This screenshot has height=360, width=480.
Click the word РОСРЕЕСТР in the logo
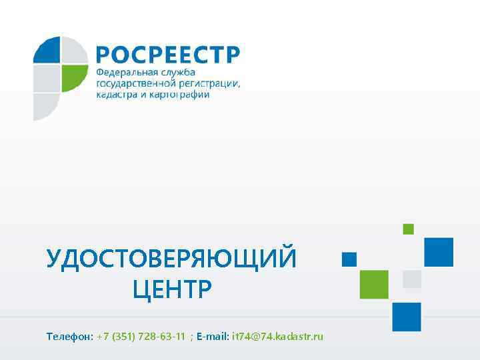pos(167,54)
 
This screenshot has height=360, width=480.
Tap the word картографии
pos(176,95)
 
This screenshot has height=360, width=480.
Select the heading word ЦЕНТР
pos(171,290)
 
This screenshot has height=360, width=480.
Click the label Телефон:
pos(69,336)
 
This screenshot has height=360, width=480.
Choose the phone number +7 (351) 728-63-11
pos(141,336)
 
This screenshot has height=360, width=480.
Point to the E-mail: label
pos(213,336)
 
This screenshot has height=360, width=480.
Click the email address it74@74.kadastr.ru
pos(277,336)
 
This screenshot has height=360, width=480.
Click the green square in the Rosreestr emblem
pos(75,78)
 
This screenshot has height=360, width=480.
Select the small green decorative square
pos(408,229)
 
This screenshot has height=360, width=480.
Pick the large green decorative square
pos(374,284)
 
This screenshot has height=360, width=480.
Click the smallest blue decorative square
pos(349,259)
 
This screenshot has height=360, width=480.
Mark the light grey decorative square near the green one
pos(412,279)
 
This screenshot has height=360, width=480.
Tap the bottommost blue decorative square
pos(407,317)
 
